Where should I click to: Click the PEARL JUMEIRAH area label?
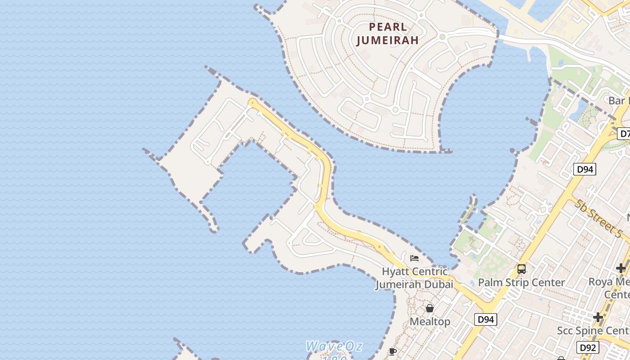pyautogui.click(x=387, y=33)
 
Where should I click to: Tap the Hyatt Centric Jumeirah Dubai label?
pyautogui.click(x=414, y=278)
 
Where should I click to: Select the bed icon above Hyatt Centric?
pyautogui.click(x=414, y=258)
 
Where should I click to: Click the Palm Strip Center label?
pyautogui.click(x=521, y=283)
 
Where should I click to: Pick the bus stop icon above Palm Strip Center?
pyautogui.click(x=522, y=269)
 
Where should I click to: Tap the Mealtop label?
pyautogui.click(x=430, y=321)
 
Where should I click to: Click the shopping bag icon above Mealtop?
pyautogui.click(x=430, y=308)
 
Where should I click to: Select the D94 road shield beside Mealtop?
pyautogui.click(x=486, y=319)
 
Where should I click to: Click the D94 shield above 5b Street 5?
pyautogui.click(x=585, y=169)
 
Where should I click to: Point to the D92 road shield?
pyautogui.click(x=588, y=347)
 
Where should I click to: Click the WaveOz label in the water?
pyautogui.click(x=334, y=346)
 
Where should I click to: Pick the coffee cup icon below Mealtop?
pyautogui.click(x=393, y=351)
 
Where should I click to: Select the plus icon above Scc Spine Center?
pyautogui.click(x=598, y=317)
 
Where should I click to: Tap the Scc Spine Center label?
pyautogui.click(x=593, y=331)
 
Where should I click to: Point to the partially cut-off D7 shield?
pyautogui.click(x=625, y=134)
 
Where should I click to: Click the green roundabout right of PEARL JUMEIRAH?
pyautogui.click(x=442, y=37)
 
